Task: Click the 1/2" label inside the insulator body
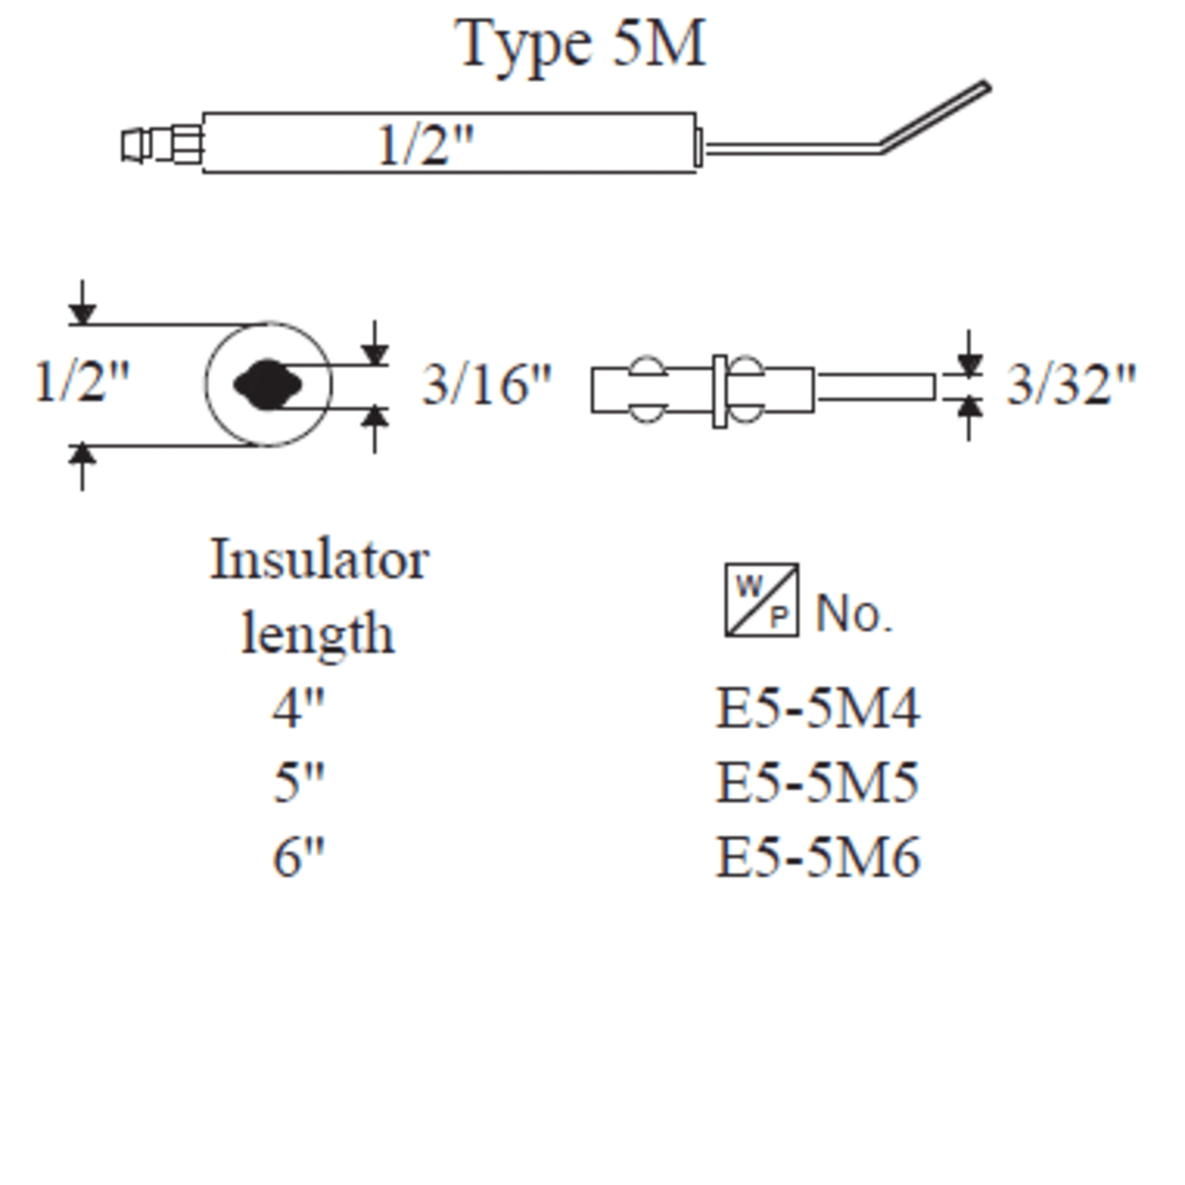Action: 425,146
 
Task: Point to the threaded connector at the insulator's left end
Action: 163,145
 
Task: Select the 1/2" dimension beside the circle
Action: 82,383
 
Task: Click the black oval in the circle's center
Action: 268,385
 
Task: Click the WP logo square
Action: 762,600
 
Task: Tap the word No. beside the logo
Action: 853,613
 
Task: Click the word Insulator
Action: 319,560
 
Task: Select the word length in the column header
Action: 318,633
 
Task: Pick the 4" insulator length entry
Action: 298,708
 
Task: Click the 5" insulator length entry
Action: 298,782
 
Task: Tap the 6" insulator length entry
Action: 298,857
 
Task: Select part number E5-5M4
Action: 818,708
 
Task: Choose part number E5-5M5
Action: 818,782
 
